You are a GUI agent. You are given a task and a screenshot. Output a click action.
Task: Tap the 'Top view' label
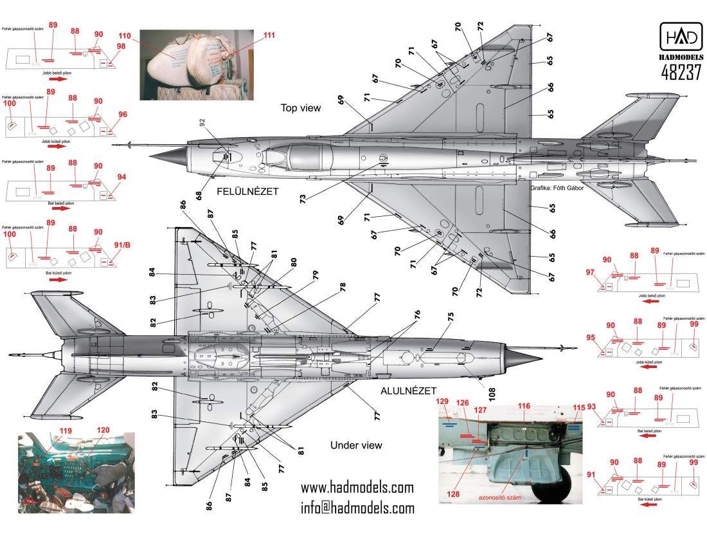[x=300, y=108]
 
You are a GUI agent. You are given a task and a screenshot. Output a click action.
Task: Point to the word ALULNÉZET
[x=408, y=391]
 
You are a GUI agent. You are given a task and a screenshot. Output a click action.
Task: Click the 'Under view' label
[x=356, y=445]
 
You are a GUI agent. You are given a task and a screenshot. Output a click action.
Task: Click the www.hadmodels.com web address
[x=357, y=487]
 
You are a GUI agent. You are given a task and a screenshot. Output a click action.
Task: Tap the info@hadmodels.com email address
[x=357, y=508]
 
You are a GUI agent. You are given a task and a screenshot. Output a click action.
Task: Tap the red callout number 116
[x=524, y=407]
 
